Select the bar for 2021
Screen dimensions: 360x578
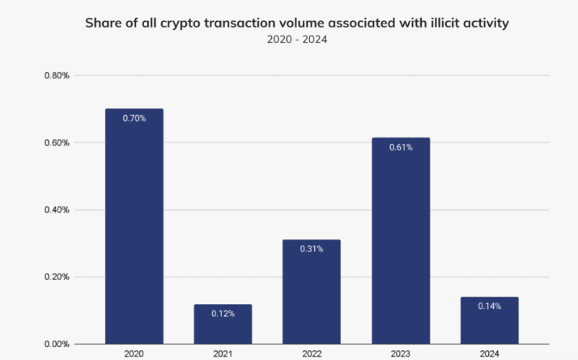223,324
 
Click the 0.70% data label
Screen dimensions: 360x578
134,118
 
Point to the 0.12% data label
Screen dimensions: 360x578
223,313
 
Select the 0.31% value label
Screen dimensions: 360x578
312,249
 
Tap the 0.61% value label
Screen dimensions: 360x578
401,147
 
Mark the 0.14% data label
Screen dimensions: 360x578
489,307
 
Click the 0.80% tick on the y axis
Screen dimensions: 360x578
57,76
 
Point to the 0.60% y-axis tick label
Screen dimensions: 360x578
57,143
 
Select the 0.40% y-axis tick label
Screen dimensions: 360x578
57,210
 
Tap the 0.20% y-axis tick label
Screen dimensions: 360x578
57,277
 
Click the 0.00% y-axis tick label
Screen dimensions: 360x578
57,344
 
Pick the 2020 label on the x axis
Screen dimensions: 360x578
134,354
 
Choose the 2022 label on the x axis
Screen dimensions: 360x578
312,354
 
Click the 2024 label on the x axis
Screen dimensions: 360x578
489,354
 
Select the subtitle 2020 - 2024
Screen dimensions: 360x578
297,39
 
